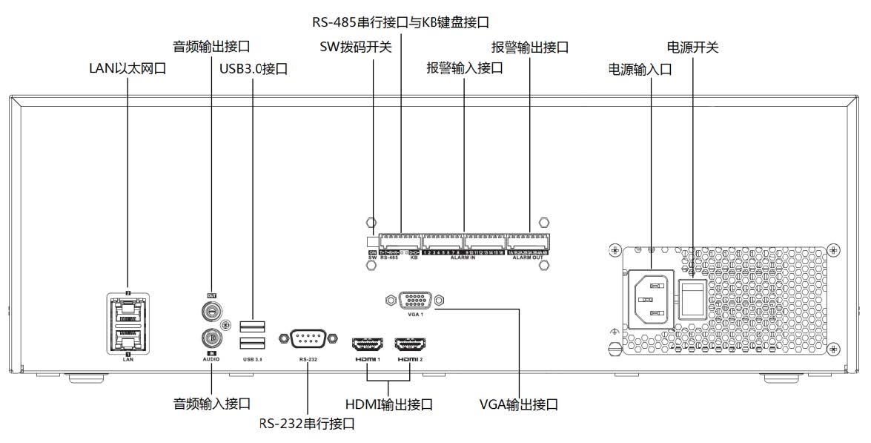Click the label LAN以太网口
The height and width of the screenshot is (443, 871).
click(126, 69)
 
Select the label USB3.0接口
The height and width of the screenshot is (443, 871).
click(254, 69)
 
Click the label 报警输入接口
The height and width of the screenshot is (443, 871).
click(465, 68)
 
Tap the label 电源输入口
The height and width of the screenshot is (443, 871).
click(640, 69)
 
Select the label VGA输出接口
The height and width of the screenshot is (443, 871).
click(518, 405)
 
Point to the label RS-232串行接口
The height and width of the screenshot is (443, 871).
click(306, 424)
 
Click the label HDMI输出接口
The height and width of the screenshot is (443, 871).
click(389, 405)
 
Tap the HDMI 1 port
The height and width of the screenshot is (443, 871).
click(368, 345)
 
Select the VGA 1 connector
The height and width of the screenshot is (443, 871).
click(414, 301)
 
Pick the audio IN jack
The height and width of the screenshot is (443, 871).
click(211, 338)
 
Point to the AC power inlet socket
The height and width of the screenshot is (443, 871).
click(650, 298)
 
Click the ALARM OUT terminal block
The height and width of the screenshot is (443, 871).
click(528, 241)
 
